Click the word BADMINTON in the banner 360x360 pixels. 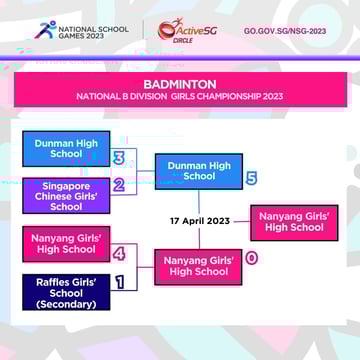point(180,84)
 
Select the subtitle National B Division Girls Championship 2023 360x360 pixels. point(180,97)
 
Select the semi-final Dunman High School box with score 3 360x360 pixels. point(66,149)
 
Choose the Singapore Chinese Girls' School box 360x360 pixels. point(66,196)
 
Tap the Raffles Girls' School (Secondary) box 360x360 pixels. point(66,293)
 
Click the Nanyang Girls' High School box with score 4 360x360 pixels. point(66,243)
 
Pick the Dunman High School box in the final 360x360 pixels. point(198,171)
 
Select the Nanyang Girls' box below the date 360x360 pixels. point(198,266)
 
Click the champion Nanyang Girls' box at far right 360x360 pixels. point(294,221)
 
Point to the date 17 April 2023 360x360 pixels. point(199,221)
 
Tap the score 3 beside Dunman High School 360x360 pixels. point(119,158)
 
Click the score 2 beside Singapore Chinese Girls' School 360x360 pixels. point(118,185)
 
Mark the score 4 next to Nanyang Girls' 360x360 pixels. point(119,253)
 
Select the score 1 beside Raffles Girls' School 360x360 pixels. point(119,282)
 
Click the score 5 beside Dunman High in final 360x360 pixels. point(251,178)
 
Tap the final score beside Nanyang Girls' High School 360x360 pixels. point(251,258)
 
